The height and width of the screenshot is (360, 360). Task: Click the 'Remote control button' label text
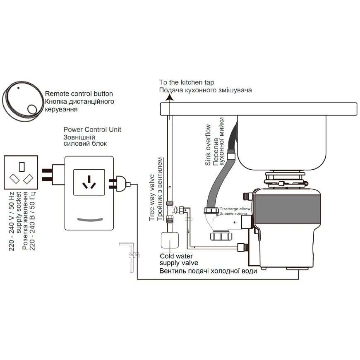tap(79, 94)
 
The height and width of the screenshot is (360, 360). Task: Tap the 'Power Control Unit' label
tap(92, 130)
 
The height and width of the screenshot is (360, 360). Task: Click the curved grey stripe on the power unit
tap(89, 219)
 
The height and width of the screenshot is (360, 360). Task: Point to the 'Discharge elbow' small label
tap(235, 209)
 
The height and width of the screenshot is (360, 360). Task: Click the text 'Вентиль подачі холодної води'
tap(208, 271)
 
